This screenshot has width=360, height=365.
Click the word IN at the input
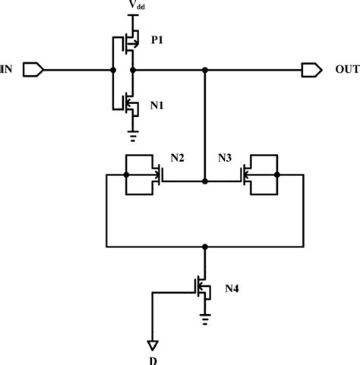coord(7,70)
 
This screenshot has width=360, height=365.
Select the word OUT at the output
coord(347,70)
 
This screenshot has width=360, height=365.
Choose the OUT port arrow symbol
coord(311,71)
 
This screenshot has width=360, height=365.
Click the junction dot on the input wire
coord(114,71)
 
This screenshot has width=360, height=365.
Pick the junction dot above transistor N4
coord(204,246)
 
